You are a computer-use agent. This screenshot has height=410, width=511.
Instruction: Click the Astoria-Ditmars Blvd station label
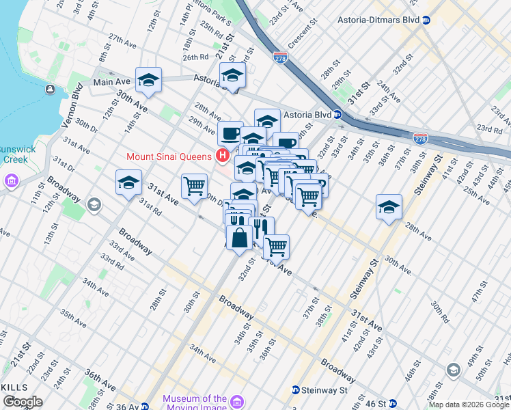(378, 20)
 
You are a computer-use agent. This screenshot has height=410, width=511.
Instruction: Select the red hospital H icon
(221, 156)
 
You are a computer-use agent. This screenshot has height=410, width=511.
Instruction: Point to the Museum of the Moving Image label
(195, 403)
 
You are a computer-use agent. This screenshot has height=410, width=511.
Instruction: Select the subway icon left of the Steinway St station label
(295, 390)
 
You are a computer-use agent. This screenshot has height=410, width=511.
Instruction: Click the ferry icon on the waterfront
(51, 89)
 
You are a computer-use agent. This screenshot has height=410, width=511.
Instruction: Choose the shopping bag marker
(239, 238)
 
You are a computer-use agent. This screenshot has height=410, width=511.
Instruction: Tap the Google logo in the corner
(23, 402)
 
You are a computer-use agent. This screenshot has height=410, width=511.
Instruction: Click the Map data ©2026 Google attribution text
(469, 405)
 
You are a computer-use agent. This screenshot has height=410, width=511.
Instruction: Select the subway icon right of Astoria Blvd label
(337, 115)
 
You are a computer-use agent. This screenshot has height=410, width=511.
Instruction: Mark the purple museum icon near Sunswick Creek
(12, 181)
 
